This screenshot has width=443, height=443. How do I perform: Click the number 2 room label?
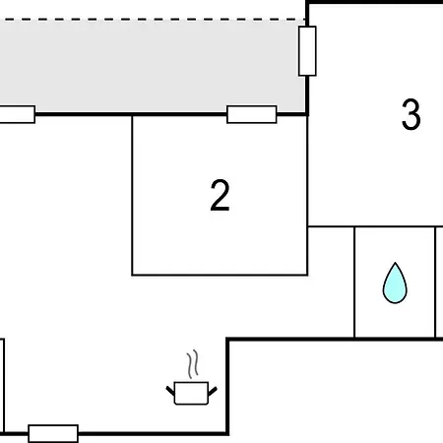coord(220,195)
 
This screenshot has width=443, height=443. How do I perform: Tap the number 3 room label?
coord(411,114)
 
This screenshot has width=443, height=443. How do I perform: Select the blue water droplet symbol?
coord(395,283)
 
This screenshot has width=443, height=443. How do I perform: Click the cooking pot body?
coord(191,393)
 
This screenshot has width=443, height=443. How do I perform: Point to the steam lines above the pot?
coord(193,364)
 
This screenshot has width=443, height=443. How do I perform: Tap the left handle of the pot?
coord(170,391)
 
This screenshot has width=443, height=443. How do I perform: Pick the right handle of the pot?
coord(213,391)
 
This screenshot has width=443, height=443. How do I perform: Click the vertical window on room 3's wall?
coord(307,51)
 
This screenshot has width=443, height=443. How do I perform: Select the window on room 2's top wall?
coord(252,114)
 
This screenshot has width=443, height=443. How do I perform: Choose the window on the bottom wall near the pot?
coord(53,433)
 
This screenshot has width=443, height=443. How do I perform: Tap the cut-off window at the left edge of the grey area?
coord(17,114)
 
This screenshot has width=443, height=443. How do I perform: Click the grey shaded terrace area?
coord(151,66)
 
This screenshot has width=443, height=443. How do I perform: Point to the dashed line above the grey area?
coord(153,20)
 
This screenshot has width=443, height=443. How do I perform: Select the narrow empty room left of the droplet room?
coord(331,283)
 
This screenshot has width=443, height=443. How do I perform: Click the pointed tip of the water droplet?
coord(396,263)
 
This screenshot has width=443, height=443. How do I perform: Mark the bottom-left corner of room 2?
coord(132,275)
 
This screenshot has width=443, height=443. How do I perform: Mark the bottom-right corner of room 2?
coord(307,275)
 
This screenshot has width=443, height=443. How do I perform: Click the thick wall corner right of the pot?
coord(227,340)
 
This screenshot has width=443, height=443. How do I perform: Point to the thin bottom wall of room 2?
coord(220,275)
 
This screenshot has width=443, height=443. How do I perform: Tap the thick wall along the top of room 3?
coord(374,2)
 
